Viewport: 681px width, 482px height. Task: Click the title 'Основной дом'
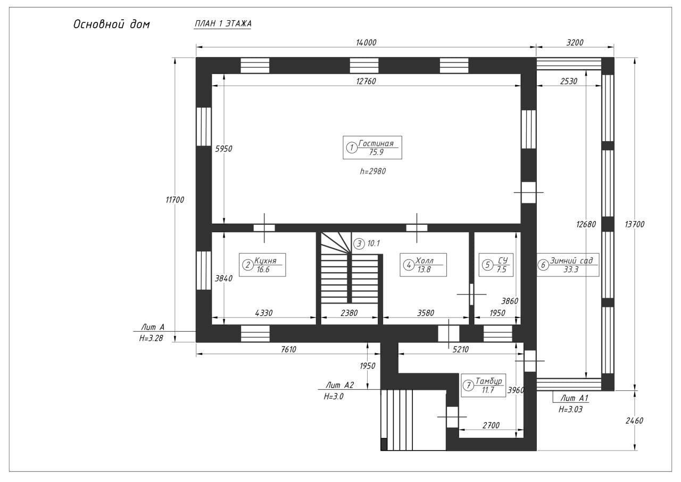[112, 24]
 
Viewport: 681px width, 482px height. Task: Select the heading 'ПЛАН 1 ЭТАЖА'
[223, 24]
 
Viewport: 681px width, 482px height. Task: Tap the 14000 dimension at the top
[366, 43]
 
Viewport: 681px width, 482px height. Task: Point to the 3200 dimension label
[575, 43]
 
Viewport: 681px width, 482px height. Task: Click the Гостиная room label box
[372, 148]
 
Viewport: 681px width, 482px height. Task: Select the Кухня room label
[262, 265]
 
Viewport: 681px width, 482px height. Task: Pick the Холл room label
[423, 265]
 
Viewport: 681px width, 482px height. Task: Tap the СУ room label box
[496, 265]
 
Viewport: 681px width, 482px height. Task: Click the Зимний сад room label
[568, 265]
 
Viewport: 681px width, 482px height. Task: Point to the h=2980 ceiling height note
[373, 171]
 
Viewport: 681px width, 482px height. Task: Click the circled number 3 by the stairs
[359, 243]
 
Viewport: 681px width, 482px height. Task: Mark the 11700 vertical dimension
[175, 200]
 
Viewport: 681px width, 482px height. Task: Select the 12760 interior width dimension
[366, 81]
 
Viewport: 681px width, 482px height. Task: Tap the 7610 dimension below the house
[288, 349]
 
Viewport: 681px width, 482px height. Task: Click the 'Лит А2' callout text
[339, 385]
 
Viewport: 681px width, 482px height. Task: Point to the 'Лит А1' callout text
[574, 398]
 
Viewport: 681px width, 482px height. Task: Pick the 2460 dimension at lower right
[635, 421]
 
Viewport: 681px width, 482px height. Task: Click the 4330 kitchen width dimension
[263, 313]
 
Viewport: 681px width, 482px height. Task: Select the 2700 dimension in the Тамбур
[491, 426]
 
